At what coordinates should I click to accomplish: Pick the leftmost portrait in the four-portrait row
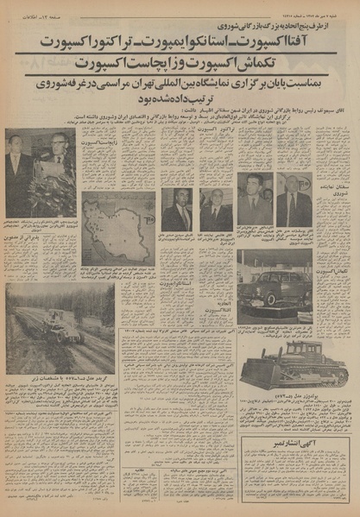click(178, 210)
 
